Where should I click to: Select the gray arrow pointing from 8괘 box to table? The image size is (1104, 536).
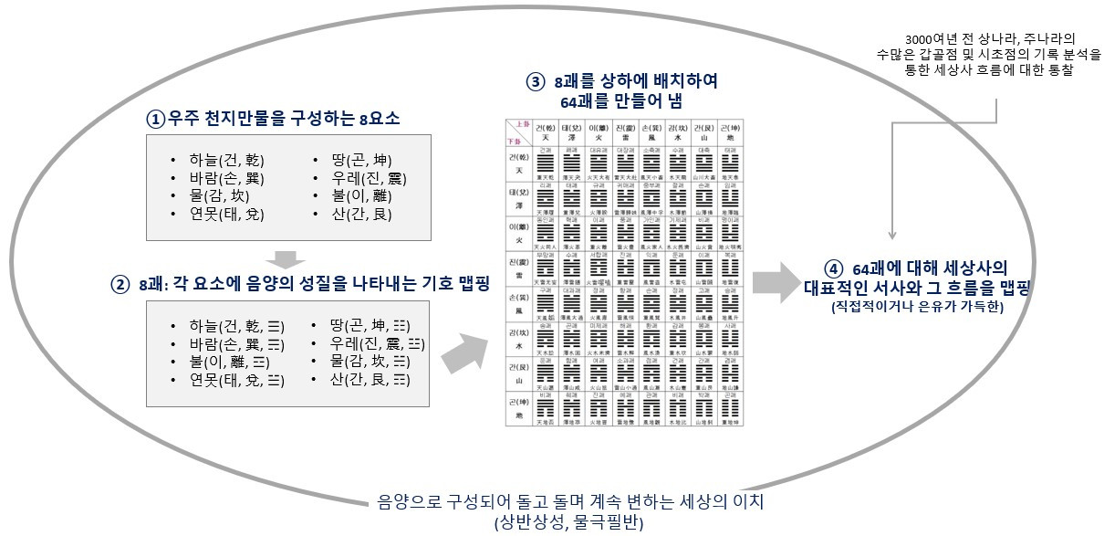[469, 352]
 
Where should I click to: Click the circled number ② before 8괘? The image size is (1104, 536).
[120, 284]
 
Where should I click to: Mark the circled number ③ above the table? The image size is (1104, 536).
[535, 81]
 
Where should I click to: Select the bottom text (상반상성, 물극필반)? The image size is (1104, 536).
[565, 521]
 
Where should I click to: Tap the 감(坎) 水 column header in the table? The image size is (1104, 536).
[676, 132]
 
